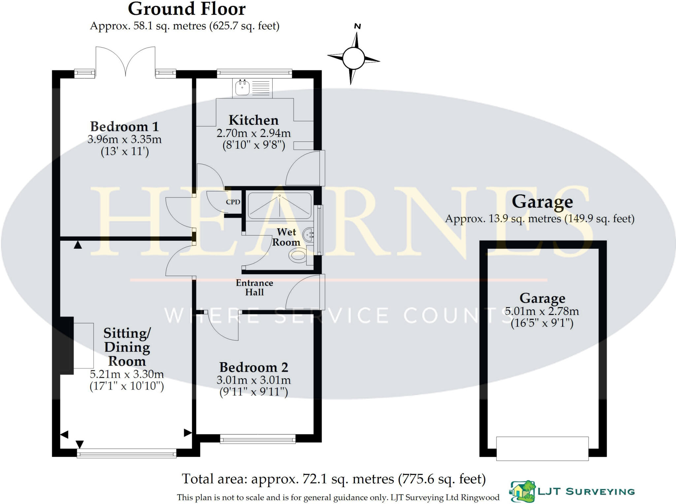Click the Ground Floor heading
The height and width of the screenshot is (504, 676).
pos(186,9)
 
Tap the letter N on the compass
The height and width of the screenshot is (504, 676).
pos(357,26)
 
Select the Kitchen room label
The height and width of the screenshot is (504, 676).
pos(253,120)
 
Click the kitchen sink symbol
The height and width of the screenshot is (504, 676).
pos(243,87)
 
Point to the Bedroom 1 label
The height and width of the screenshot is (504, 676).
pos(124,127)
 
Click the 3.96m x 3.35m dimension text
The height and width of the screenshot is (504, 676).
pos(124,139)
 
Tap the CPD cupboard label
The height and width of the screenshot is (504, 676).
pos(233,202)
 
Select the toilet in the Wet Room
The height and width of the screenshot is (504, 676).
pos(298,255)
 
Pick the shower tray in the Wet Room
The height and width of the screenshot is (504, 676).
pos(279,205)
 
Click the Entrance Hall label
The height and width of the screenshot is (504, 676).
pos(254,287)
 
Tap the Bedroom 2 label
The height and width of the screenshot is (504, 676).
pos(253,367)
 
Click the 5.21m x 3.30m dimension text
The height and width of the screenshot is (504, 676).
pos(127,374)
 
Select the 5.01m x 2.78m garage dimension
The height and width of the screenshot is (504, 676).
pos(542,311)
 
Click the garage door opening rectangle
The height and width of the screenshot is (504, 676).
pos(542,448)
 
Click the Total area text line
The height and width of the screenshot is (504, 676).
pos(333,479)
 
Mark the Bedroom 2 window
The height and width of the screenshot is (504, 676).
pos(257,438)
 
